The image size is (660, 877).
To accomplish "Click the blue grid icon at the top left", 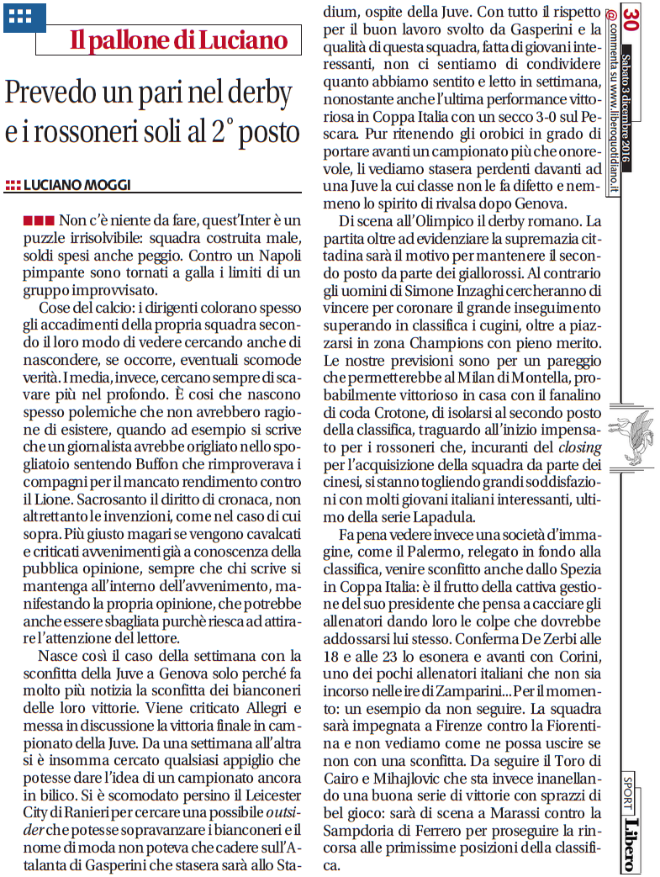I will coord(18,15).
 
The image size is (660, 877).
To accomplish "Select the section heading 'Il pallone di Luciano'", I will coord(178,40).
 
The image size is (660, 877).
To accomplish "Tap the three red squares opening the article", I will coord(40,220).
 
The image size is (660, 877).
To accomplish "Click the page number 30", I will coord(631,18).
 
